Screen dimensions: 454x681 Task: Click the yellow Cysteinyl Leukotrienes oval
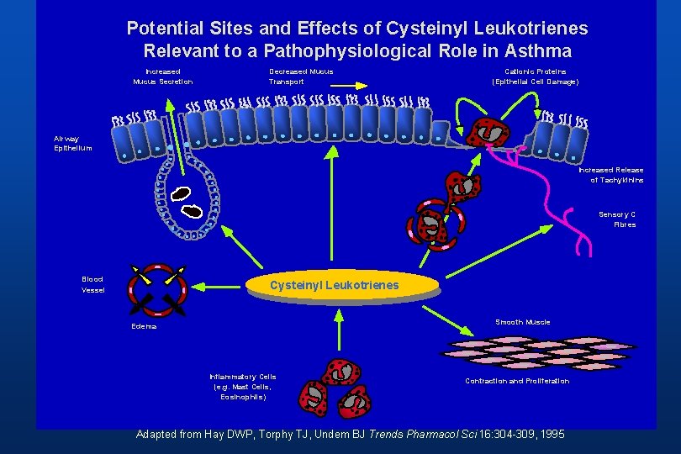click(334, 286)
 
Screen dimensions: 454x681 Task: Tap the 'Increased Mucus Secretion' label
click(162, 77)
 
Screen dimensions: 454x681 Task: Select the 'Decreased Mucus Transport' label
click(301, 77)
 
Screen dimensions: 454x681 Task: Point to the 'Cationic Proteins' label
click(535, 77)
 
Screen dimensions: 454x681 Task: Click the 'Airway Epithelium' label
click(72, 143)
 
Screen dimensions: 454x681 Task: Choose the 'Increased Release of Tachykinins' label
click(611, 175)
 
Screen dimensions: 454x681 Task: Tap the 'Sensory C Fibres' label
click(617, 219)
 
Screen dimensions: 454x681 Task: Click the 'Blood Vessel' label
click(92, 284)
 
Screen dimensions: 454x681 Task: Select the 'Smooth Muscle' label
click(522, 322)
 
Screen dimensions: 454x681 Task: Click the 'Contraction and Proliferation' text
click(517, 381)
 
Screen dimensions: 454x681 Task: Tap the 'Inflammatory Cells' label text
click(242, 386)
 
